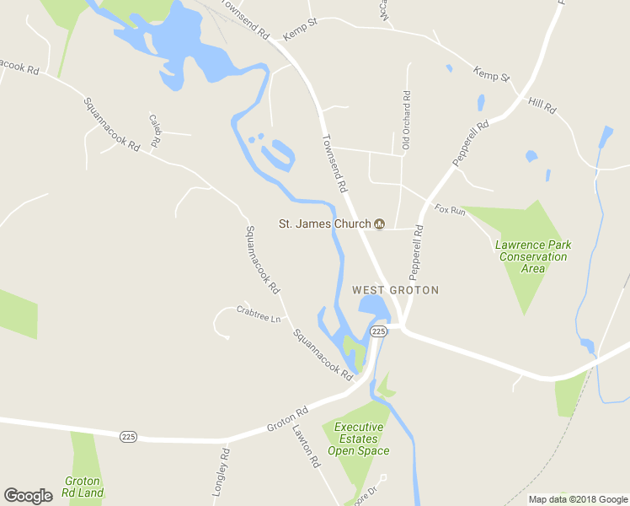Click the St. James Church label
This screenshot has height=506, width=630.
point(325,223)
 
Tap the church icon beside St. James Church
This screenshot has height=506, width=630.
point(379,223)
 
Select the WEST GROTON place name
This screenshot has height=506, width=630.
point(395,289)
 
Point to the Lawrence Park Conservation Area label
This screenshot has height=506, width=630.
point(533,256)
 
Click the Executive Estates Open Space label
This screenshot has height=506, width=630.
point(359,439)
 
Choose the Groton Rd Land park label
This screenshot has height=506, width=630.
point(83,487)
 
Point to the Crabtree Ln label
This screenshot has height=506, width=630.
point(258,314)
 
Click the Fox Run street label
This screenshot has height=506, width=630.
point(450,209)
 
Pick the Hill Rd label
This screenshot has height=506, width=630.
point(542,105)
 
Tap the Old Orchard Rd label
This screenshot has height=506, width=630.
point(406,121)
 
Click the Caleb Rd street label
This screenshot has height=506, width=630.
point(155,131)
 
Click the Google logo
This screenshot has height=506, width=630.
point(28,496)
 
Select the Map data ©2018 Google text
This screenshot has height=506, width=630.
point(578,499)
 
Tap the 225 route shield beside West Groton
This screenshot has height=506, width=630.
point(379,331)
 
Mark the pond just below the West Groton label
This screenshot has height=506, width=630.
point(373,306)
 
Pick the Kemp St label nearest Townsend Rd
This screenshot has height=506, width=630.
point(300,31)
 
